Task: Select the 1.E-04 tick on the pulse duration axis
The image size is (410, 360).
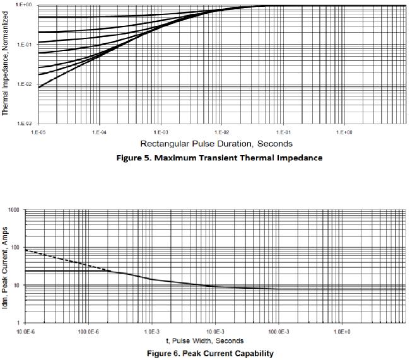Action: tap(98, 132)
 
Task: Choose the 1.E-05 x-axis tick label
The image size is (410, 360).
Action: tap(38, 132)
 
